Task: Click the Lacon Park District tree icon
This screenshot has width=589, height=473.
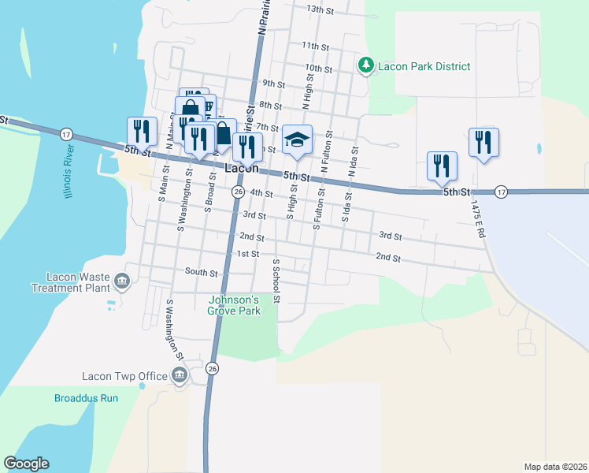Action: (x=365, y=66)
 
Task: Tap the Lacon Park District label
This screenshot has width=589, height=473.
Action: (x=424, y=66)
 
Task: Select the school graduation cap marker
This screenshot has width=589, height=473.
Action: (x=298, y=141)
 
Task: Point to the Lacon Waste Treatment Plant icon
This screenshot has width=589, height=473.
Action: (x=122, y=281)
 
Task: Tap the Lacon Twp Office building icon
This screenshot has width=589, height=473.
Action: (x=179, y=376)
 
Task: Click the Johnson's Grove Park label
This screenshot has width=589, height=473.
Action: (x=233, y=304)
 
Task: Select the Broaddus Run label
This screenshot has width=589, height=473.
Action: (x=86, y=398)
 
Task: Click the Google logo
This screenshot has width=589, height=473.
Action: (x=26, y=464)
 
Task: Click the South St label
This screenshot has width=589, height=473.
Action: (x=201, y=273)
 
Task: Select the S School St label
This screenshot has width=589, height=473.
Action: (x=276, y=280)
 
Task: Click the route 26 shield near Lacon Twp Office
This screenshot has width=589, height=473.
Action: (x=212, y=368)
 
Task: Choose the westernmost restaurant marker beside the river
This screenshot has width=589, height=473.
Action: (x=142, y=132)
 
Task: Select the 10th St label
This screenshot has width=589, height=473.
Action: (x=319, y=69)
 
